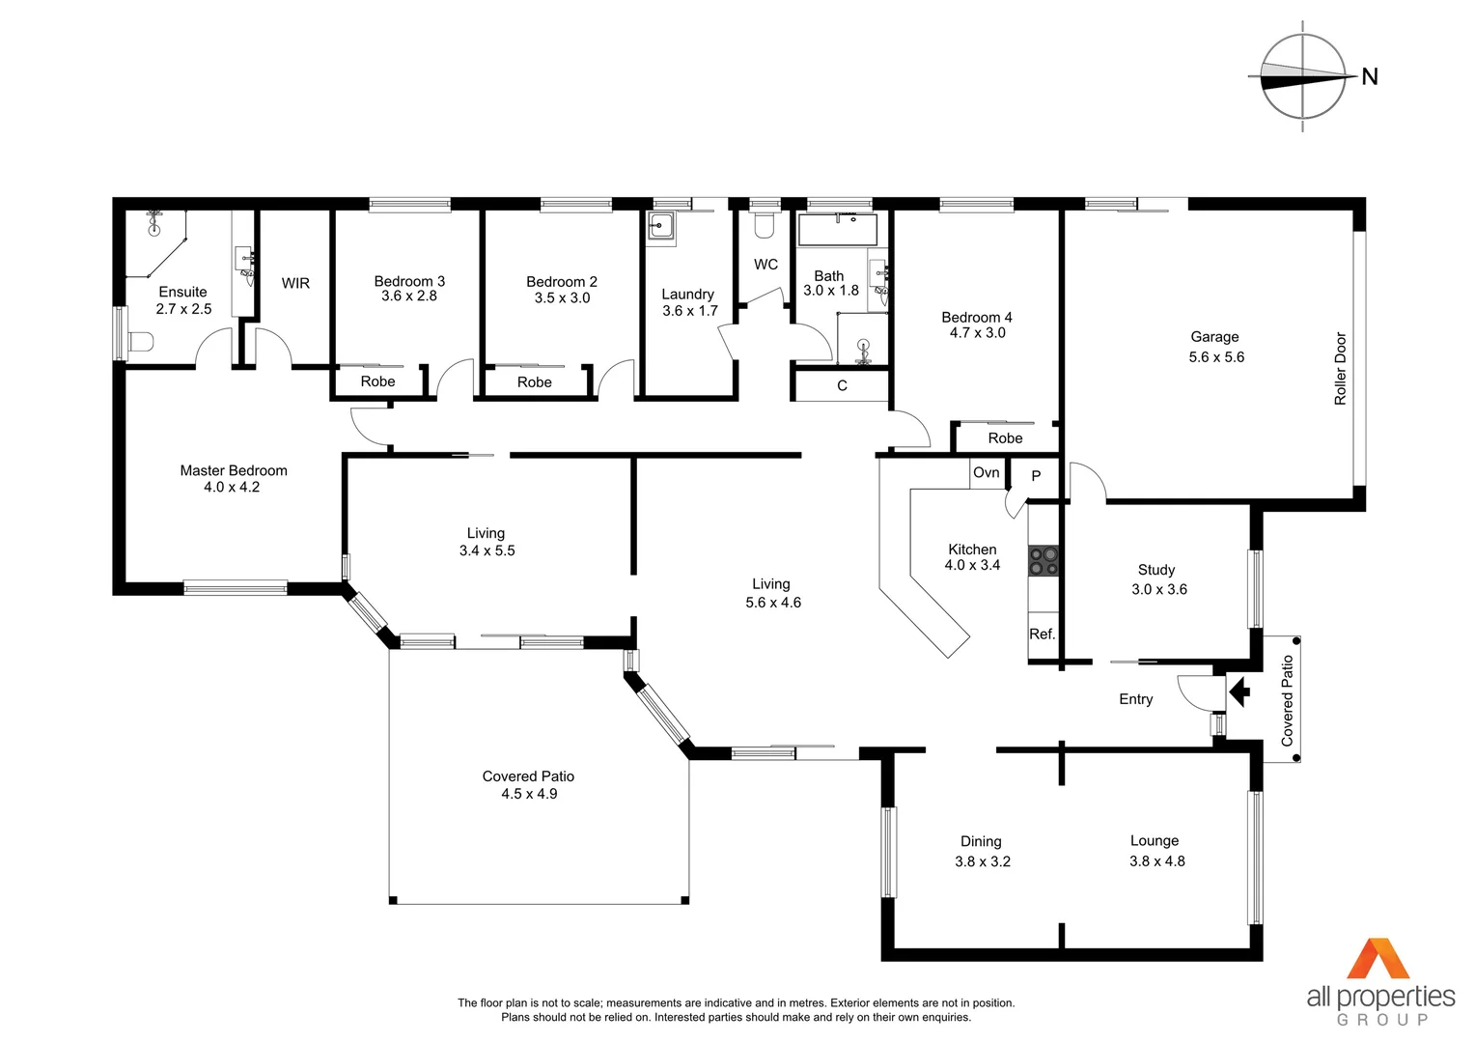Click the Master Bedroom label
234,470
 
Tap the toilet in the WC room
765,226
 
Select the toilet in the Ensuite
141,342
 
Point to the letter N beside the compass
1369,77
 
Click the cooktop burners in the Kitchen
1043,561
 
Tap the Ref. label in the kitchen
1042,634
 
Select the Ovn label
986,472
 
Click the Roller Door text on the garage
1340,369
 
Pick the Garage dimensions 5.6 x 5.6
1216,357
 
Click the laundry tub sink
661,228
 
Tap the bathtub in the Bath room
837,230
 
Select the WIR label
295,283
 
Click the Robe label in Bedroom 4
1005,438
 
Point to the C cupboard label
842,385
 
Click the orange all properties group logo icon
1378,959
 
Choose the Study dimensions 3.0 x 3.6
1159,589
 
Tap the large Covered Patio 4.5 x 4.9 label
528,785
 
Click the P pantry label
1036,476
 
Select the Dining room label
981,841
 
